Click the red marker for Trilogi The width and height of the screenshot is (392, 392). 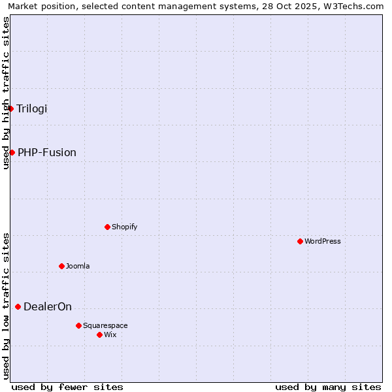coord(11,108)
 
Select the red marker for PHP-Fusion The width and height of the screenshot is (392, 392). coord(12,152)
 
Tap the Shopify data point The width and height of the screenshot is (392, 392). coord(107,227)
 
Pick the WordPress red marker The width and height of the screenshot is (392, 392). coord(300,241)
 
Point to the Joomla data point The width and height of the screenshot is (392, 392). coord(61,266)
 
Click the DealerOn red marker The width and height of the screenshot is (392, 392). coord(18,306)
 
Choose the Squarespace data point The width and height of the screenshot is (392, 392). coord(78,325)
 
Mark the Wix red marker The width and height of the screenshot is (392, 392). coord(99,335)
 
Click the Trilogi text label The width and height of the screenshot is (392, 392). coord(32,108)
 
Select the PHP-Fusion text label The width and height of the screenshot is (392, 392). coord(47,152)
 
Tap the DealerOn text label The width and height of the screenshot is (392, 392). coord(48,306)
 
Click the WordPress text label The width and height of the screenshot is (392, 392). coord(323,241)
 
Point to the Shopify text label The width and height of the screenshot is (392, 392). coord(125,227)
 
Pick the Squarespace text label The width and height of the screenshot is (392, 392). coord(105,325)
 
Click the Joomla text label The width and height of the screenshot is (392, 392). coord(78,266)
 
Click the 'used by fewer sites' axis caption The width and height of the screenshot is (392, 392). coord(67,387)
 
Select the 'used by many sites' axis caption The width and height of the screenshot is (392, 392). coord(328,387)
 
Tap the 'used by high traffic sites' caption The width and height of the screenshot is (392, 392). coord(6,93)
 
